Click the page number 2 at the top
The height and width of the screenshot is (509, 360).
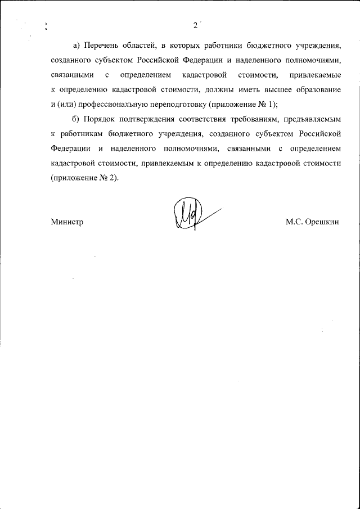coord(195,25)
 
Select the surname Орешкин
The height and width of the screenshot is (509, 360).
coord(323,222)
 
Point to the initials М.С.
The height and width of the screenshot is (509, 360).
coord(294,222)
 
